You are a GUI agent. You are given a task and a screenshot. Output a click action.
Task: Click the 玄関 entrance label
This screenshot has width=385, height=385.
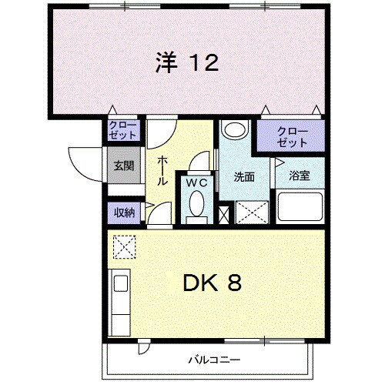pyautogui.click(x=124, y=166)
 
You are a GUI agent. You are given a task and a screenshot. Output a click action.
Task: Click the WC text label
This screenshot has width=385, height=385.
pyautogui.click(x=196, y=183)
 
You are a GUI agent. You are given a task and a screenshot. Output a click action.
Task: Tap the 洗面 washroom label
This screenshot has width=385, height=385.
pyautogui.click(x=244, y=176)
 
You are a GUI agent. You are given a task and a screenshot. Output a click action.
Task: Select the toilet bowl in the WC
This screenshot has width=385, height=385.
pyautogui.click(x=196, y=206)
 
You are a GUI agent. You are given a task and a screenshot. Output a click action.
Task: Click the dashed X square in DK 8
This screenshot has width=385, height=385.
pyautogui.click(x=123, y=246)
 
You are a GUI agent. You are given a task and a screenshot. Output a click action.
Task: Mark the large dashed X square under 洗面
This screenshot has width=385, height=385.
pyautogui.click(x=251, y=211)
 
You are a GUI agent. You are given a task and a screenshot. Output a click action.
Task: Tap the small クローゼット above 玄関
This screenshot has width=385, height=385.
pyautogui.click(x=123, y=129)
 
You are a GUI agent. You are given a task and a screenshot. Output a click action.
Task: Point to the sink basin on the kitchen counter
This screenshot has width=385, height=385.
pyautogui.click(x=121, y=283)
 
